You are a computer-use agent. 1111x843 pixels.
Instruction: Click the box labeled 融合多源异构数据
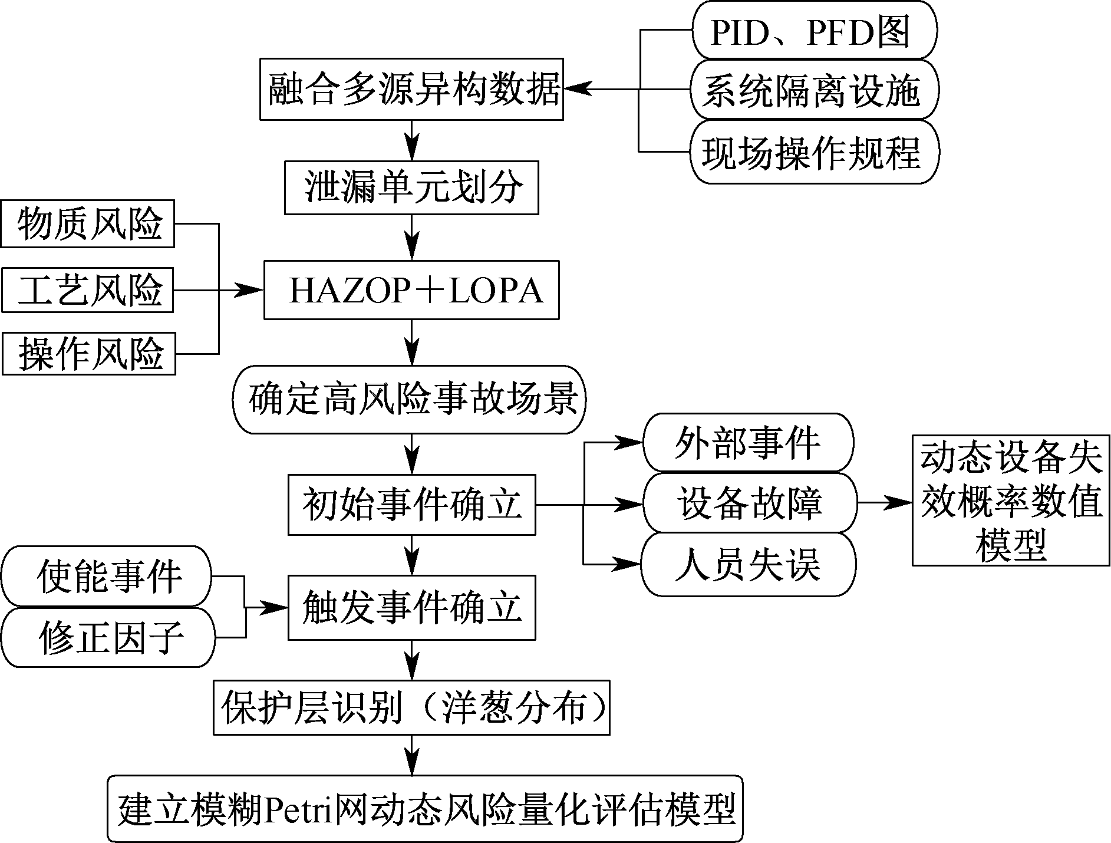[411, 90]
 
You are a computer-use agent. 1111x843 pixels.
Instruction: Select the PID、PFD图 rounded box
[814, 31]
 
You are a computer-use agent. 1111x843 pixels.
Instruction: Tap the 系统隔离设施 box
[814, 90]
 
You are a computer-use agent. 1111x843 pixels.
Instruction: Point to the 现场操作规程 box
[814, 152]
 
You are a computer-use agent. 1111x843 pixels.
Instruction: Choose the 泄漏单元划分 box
[411, 188]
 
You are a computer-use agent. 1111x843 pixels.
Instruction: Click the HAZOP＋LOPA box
[411, 290]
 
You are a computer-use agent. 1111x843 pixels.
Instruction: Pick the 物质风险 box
[88, 224]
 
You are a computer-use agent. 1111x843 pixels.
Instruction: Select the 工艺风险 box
[88, 290]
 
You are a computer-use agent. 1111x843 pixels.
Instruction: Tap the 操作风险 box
[89, 354]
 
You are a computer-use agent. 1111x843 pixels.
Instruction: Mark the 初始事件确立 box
[411, 504]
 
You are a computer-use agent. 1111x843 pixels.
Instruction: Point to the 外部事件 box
[747, 443]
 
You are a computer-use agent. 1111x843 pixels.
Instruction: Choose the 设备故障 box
[749, 504]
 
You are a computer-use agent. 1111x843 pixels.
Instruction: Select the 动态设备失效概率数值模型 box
[1011, 500]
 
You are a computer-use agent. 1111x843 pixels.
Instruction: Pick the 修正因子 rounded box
[108, 637]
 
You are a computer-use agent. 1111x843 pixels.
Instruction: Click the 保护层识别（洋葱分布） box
[411, 707]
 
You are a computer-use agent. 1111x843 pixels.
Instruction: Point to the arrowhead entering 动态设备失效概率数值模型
[902, 503]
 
